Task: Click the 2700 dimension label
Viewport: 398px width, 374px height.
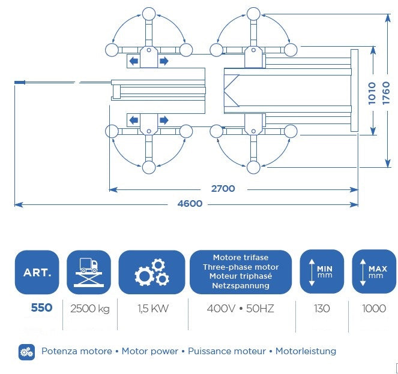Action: (223, 189)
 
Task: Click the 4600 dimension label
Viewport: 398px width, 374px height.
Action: (190, 204)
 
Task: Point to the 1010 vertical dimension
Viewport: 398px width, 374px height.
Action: (372, 93)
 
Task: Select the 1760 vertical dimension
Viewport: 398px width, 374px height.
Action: (386, 93)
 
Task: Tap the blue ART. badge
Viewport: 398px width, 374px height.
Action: (37, 272)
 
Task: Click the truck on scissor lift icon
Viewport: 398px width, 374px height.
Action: (89, 272)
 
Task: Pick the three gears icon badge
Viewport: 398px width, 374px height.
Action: (152, 272)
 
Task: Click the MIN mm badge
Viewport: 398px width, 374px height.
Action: (322, 272)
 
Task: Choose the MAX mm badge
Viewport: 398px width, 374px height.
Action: (374, 272)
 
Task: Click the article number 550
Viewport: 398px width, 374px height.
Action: (41, 307)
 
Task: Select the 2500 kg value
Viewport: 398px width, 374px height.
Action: (90, 309)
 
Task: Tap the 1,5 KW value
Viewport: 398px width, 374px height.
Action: (153, 309)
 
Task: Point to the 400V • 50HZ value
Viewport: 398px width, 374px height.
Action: (240, 309)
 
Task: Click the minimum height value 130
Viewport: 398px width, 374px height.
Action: (322, 309)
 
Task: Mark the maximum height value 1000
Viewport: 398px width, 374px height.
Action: (374, 309)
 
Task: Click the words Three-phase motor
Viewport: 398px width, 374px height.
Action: (241, 267)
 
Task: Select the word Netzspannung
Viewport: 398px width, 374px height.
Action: (241, 285)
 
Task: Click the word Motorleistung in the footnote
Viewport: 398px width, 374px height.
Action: (306, 351)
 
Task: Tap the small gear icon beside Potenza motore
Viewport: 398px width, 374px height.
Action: (26, 352)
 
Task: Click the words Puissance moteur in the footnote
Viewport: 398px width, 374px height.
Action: (227, 351)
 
